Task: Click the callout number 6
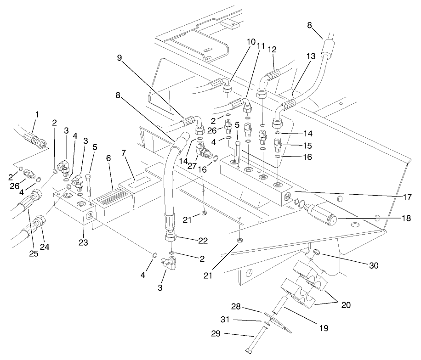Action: (109, 157)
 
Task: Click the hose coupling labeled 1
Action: (35, 138)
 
